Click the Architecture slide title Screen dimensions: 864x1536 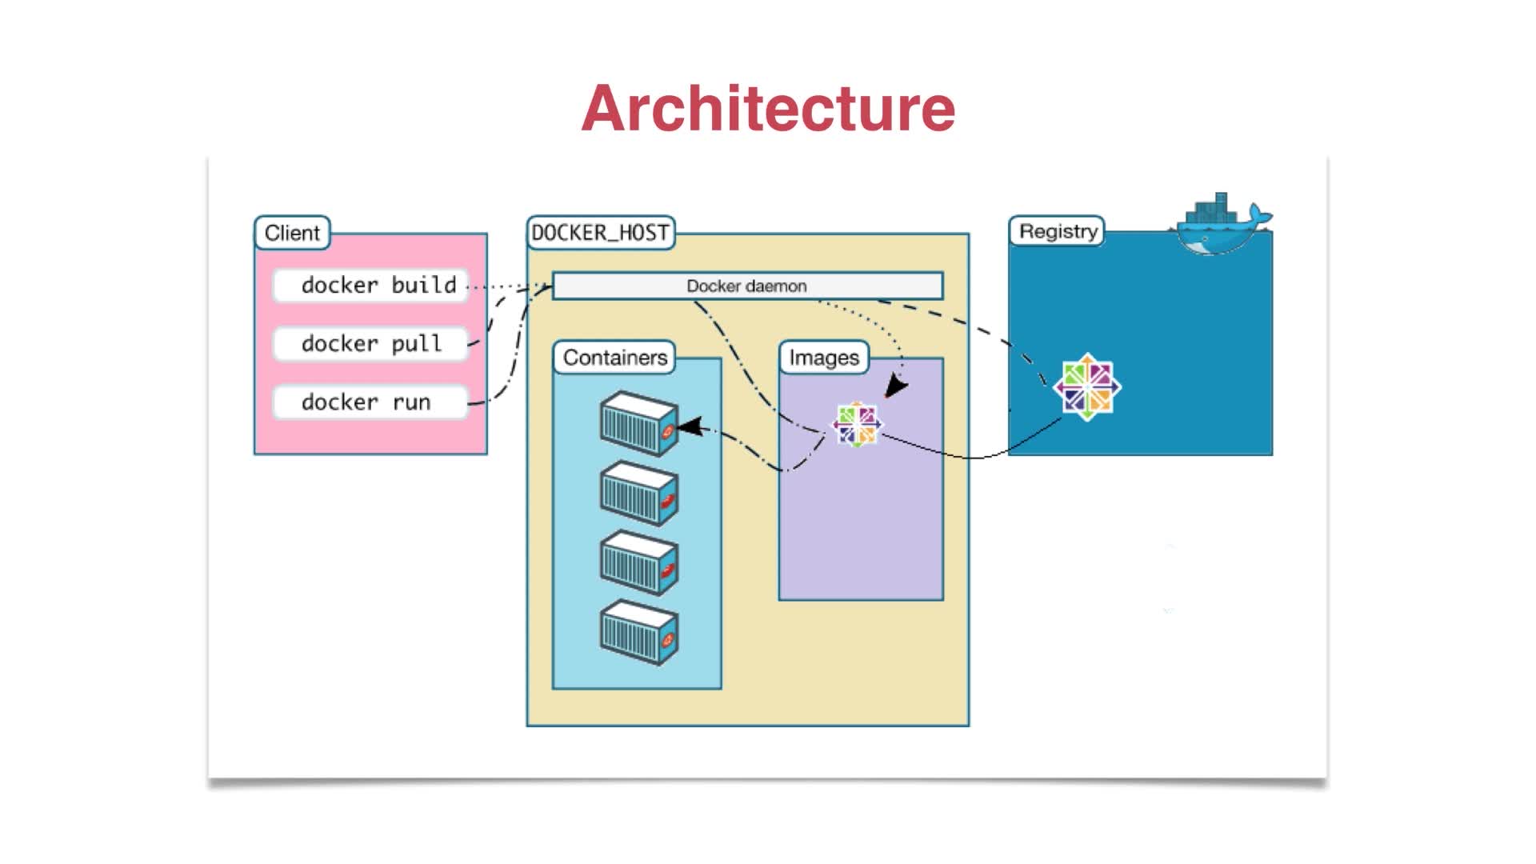point(768,108)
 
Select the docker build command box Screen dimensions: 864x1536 point(370,286)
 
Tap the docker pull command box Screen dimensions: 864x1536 point(370,344)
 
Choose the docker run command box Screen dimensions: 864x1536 point(370,402)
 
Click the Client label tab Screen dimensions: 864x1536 point(292,233)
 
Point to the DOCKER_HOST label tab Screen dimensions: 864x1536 point(600,233)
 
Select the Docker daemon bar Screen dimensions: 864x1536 point(747,286)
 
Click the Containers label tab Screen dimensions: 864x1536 point(614,358)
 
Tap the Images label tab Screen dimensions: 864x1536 point(824,358)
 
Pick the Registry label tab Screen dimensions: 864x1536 point(1058,231)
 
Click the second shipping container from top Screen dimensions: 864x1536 point(639,494)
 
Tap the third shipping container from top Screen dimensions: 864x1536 point(639,563)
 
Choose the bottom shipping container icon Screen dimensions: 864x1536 point(639,633)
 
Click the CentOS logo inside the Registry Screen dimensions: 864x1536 point(1087,387)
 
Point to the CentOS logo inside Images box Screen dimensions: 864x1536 point(857,424)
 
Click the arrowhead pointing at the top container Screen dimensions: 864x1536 point(690,427)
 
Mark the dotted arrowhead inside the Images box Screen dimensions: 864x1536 point(895,388)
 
